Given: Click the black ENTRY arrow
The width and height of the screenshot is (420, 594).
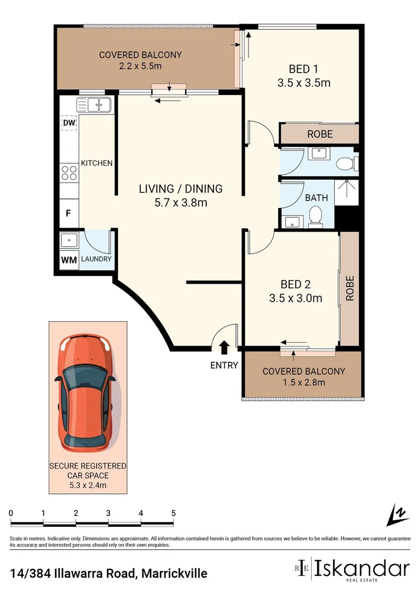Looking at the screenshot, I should click(x=224, y=348).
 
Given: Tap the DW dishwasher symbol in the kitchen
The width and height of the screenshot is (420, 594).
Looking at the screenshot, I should click(x=69, y=123).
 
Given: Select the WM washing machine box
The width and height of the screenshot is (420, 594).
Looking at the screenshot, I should click(x=69, y=260).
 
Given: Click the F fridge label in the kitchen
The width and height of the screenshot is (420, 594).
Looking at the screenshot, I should click(x=68, y=213).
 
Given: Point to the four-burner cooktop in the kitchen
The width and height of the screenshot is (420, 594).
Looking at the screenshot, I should click(x=69, y=173).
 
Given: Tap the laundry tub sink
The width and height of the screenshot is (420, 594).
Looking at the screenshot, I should click(x=69, y=240).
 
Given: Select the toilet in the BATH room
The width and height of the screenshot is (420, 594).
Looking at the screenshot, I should click(x=316, y=216).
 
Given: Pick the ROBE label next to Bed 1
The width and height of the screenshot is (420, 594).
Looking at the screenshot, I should click(x=319, y=134).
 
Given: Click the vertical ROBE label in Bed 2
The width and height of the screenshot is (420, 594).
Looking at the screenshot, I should click(x=350, y=288).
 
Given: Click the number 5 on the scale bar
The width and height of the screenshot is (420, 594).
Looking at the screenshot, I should click(x=174, y=513).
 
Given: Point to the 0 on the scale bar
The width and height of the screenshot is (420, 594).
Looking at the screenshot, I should click(x=11, y=513).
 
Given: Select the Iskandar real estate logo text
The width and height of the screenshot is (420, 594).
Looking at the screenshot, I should click(x=362, y=568).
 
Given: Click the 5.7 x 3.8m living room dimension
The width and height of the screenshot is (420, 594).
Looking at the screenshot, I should click(x=180, y=202).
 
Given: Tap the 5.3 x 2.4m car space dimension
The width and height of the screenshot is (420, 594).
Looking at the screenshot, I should click(x=88, y=485).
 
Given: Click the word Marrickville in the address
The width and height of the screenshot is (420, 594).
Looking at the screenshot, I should click(x=174, y=574).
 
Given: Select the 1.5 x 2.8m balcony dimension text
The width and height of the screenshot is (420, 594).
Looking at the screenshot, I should click(x=303, y=383).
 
